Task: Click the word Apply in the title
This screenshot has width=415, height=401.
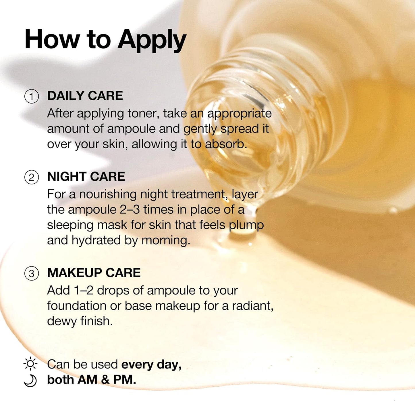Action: click(152, 40)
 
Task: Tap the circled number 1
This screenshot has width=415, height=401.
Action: click(32, 96)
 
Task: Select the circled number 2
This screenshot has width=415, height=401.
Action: click(32, 177)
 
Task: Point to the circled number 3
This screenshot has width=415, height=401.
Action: click(32, 273)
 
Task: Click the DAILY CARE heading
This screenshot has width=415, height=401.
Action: click(85, 96)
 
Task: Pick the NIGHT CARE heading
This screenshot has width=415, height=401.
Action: click(86, 176)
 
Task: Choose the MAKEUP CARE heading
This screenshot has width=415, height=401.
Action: click(94, 273)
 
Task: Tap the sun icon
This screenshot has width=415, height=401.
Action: click(30, 363)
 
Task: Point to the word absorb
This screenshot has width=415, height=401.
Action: click(226, 144)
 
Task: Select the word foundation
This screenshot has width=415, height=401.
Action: click(77, 306)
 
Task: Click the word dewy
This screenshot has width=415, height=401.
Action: click(62, 322)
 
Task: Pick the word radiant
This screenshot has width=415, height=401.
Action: click(253, 306)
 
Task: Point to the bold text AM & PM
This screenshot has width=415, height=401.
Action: click(107, 380)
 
